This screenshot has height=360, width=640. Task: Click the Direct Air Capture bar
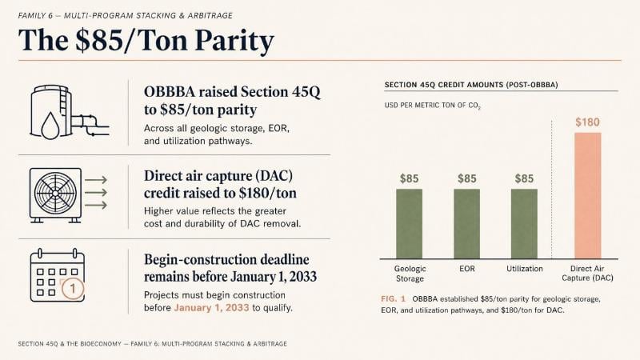pos(588,195)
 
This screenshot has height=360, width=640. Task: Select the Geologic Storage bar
pos(410,224)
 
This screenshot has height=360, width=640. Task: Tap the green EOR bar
pos(467,224)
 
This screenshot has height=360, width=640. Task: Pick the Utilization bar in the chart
pos(524,224)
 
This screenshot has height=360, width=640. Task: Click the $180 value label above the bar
pos(587,122)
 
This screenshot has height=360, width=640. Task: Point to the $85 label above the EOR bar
pos(467,178)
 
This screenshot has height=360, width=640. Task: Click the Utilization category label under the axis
pos(525,269)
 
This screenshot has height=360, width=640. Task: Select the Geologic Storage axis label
pos(410,274)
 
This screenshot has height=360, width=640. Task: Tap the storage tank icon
pos(70,112)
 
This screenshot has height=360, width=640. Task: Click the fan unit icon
pos(55,195)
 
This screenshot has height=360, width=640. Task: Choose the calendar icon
pos(58,275)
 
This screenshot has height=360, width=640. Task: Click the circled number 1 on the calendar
pos(73,289)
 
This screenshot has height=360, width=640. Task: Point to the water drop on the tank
pos(50,126)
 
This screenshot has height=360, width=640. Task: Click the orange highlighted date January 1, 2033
pos(211,307)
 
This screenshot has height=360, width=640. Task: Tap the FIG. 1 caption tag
pos(393,298)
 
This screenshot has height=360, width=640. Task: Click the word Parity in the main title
pos(234,41)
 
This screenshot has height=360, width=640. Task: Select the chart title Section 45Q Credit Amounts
pos(471,85)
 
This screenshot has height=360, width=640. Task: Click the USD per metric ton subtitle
pos(432,106)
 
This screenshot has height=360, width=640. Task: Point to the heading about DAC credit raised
pos(220,184)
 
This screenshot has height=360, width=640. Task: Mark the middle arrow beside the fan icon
pos(96,192)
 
